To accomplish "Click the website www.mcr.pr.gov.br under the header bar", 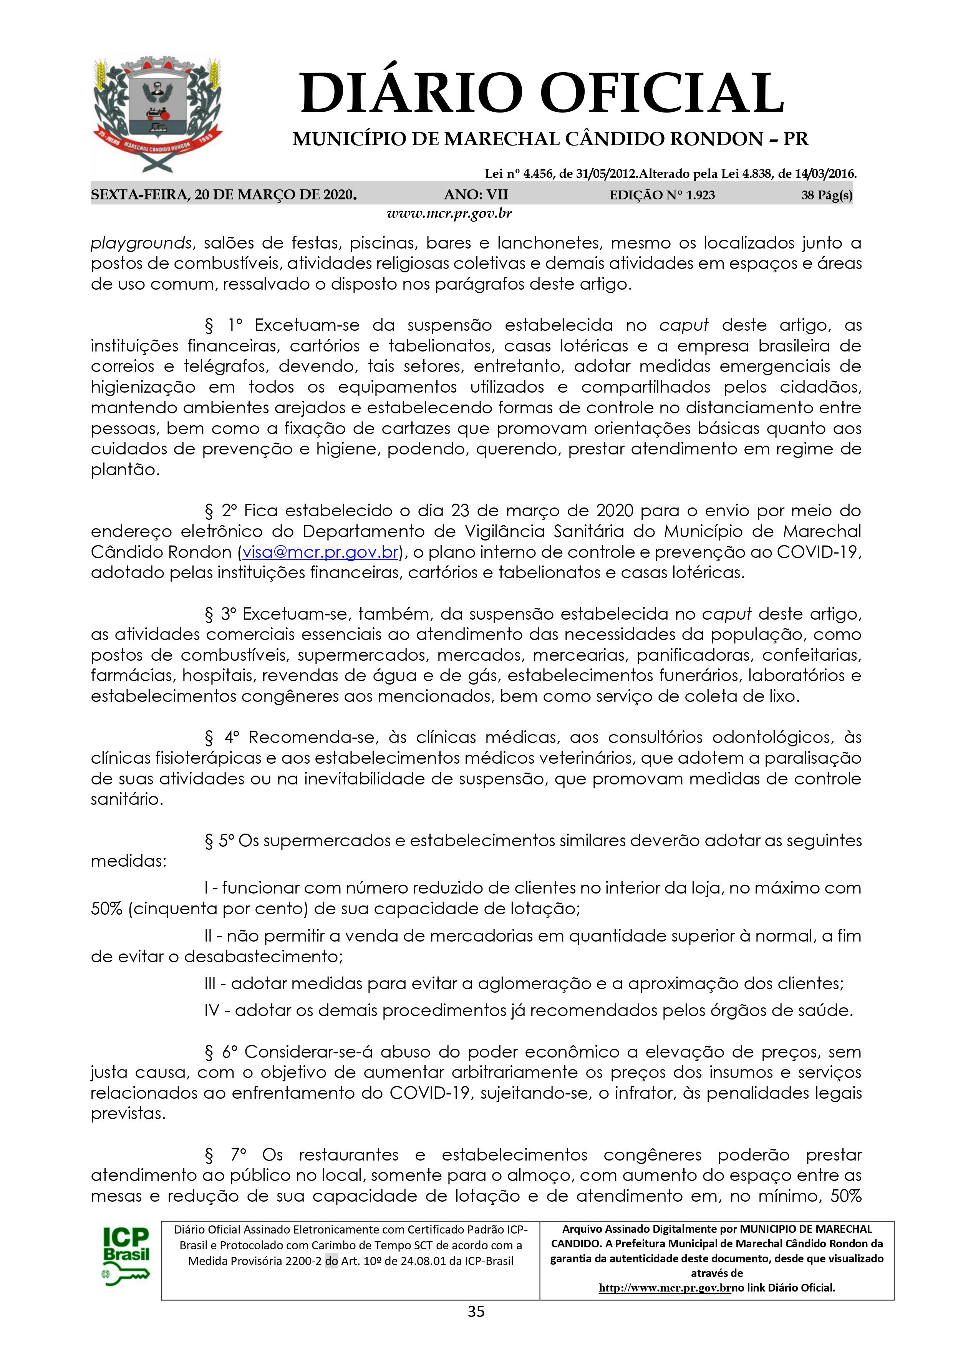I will coord(449,214).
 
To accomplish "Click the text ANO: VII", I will coord(476,195).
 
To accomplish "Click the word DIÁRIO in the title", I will coord(411,93).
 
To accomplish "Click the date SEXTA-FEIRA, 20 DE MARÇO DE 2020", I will coord(224,195).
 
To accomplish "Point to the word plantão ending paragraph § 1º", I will coord(124,470).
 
